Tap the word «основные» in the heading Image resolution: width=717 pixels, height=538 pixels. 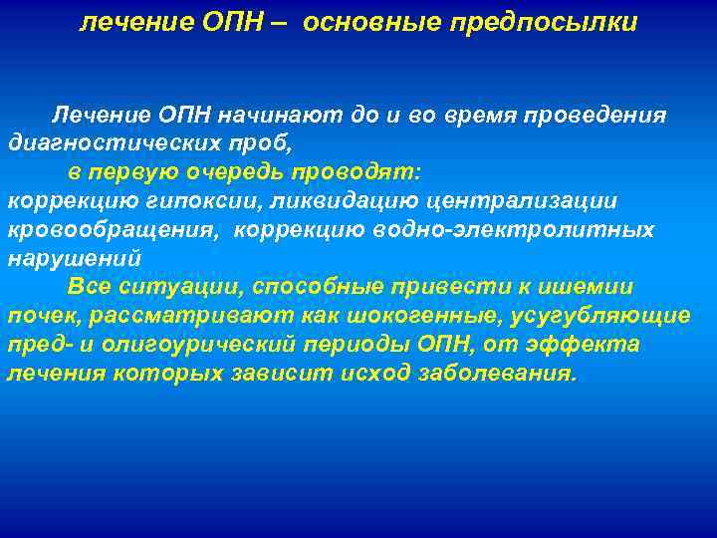(368, 22)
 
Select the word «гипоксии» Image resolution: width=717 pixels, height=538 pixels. (186, 201)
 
